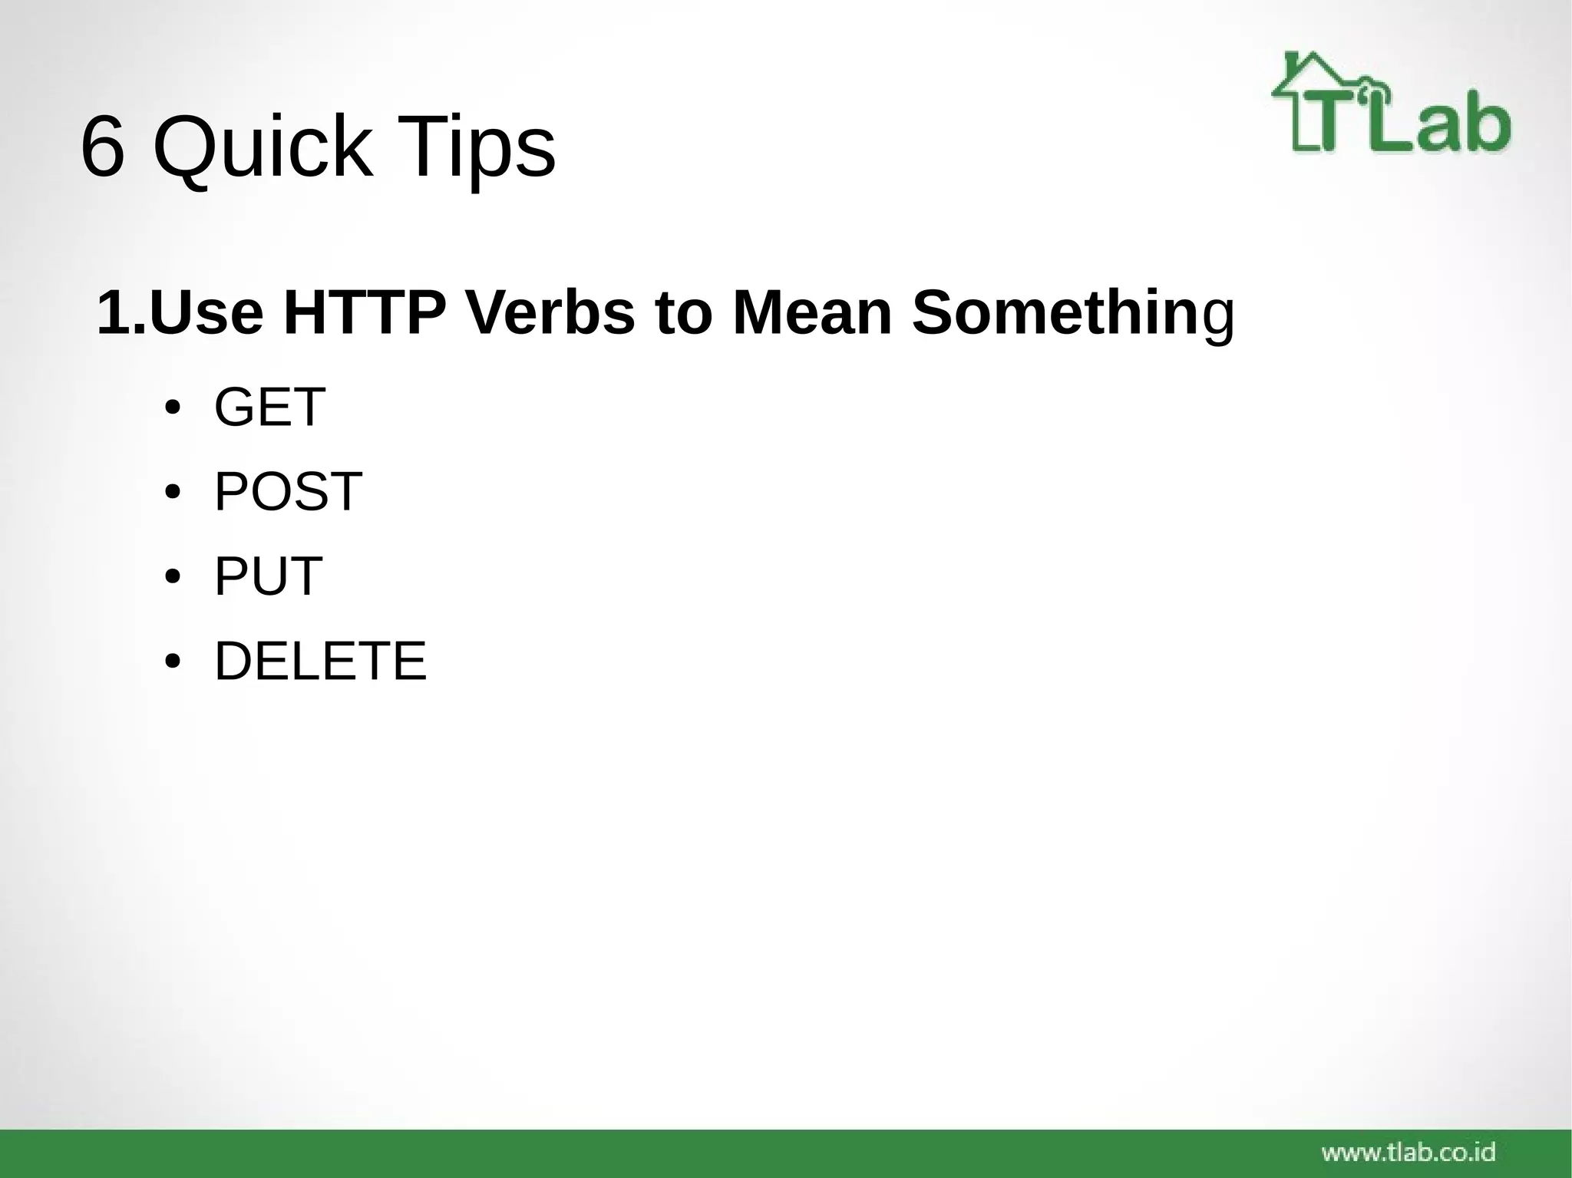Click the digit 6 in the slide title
[102, 147]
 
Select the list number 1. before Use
[121, 313]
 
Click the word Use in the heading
[206, 313]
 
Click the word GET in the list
[269, 408]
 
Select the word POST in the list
[288, 492]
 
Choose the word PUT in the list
[268, 576]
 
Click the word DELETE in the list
[320, 661]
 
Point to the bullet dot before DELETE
[173, 662]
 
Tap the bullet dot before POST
[173, 493]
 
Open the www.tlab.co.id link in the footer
[1408, 1152]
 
